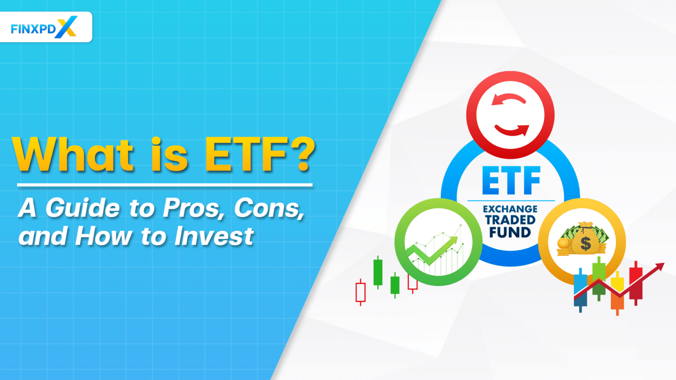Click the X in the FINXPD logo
tap(66, 27)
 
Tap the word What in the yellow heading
tap(73, 154)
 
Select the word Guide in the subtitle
tap(82, 208)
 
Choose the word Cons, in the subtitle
tap(269, 208)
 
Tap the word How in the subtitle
tap(103, 236)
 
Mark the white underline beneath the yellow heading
tap(165, 185)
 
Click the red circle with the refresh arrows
tap(510, 115)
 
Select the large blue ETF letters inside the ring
tap(511, 181)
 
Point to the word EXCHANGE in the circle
tap(510, 209)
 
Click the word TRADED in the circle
tap(510, 220)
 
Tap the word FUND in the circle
tap(510, 232)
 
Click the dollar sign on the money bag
tap(585, 243)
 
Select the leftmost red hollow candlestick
tap(360, 292)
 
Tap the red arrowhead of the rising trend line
tap(659, 267)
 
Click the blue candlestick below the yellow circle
tap(580, 290)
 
